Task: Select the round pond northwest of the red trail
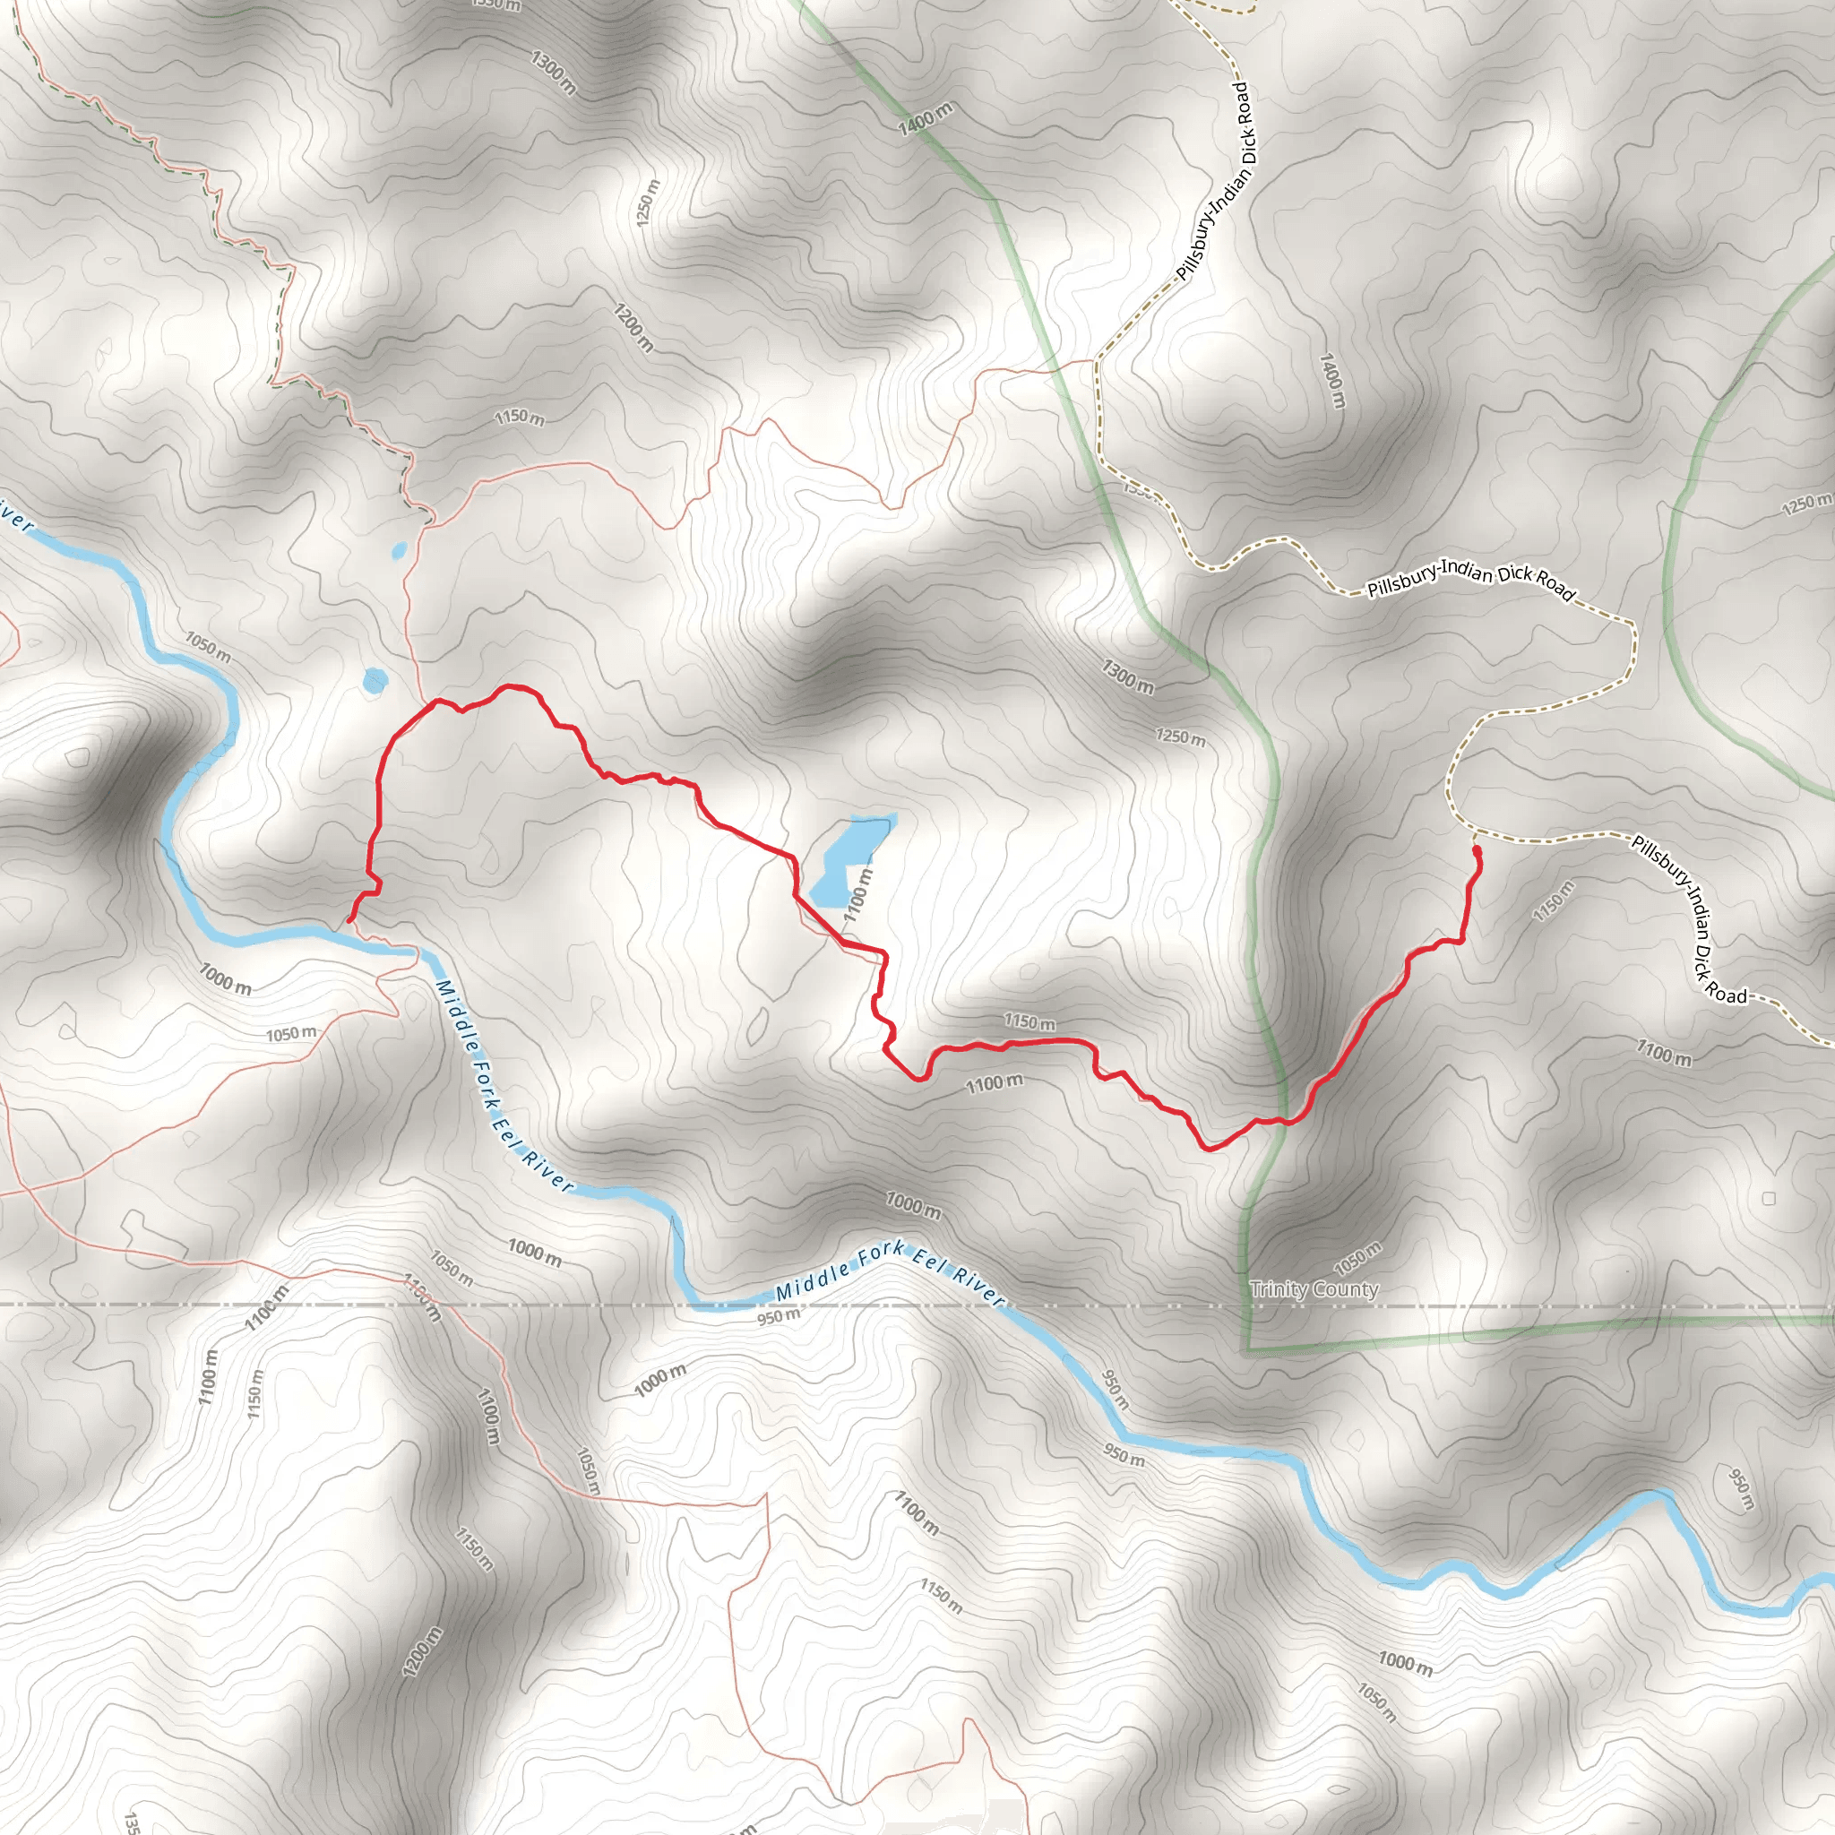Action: click(375, 680)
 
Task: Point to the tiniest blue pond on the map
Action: click(399, 549)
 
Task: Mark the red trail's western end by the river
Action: click(350, 919)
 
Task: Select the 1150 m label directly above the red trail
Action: click(1029, 1022)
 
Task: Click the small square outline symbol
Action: click(1768, 1199)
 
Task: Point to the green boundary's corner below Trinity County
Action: click(1244, 1349)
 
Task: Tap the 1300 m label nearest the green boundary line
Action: click(1127, 676)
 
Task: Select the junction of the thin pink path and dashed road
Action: click(1096, 361)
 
